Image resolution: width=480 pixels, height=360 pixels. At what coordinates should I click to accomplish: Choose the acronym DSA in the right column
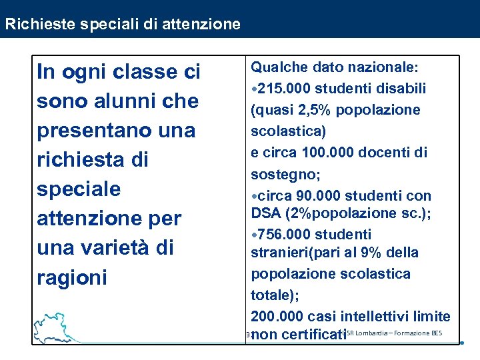coord(265,213)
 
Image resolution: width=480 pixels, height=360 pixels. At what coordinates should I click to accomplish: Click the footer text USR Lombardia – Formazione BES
coord(393,333)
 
